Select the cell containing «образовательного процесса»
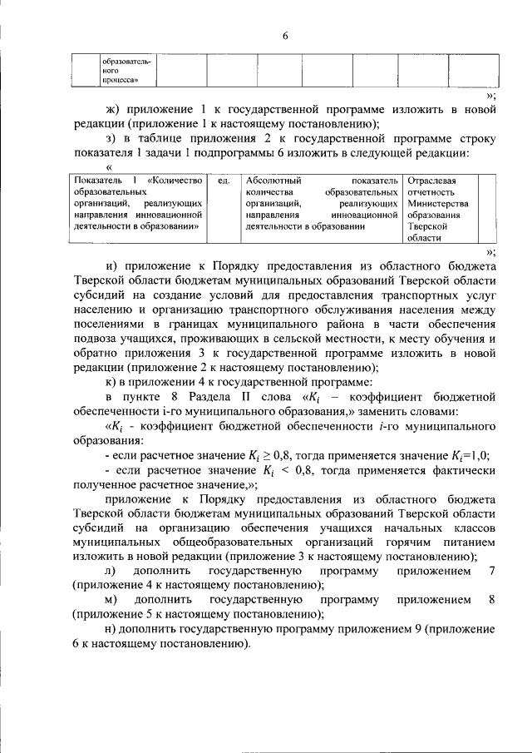pyautogui.click(x=126, y=72)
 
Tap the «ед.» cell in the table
pyautogui.click(x=222, y=181)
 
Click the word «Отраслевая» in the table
pyautogui.click(x=431, y=181)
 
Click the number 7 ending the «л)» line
pyautogui.click(x=493, y=572)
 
